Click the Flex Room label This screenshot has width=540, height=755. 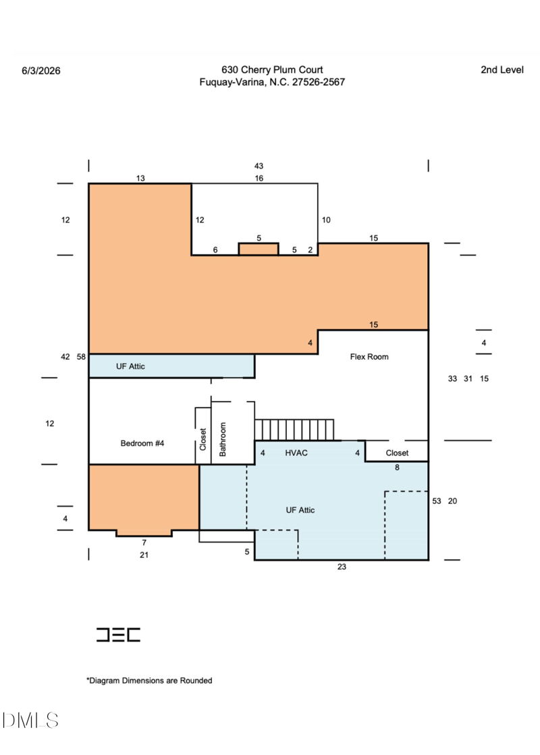(x=369, y=357)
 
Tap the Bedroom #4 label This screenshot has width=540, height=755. (x=142, y=443)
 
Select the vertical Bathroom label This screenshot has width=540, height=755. (x=223, y=439)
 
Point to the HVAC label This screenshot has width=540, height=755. (x=296, y=453)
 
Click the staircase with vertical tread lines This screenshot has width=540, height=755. (x=294, y=430)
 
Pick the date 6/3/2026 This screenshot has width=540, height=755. (x=41, y=71)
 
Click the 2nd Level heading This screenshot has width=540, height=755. (x=502, y=69)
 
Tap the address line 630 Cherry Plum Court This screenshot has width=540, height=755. (x=272, y=69)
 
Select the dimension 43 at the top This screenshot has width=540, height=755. (x=259, y=166)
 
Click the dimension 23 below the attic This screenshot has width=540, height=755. (x=342, y=567)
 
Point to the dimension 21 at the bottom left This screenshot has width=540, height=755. (x=144, y=555)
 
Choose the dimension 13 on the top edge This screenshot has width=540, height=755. (x=140, y=178)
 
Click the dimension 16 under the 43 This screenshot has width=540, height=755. (x=259, y=178)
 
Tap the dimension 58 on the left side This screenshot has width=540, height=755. (x=81, y=357)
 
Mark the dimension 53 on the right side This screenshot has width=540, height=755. (x=437, y=501)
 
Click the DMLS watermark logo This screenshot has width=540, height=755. (x=30, y=721)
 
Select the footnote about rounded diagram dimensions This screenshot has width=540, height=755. (x=149, y=680)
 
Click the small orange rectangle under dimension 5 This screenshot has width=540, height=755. (x=259, y=249)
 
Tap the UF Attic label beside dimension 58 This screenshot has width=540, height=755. (x=130, y=366)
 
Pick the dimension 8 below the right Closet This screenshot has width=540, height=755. (x=397, y=467)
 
